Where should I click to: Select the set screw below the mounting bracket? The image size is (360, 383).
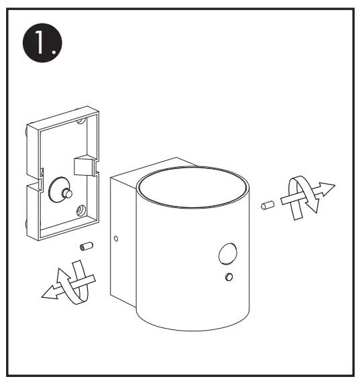(x=85, y=247)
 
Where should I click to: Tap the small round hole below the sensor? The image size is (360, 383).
(x=229, y=277)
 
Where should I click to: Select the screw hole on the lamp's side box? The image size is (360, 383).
(x=117, y=238)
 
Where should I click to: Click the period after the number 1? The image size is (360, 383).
(x=58, y=52)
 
